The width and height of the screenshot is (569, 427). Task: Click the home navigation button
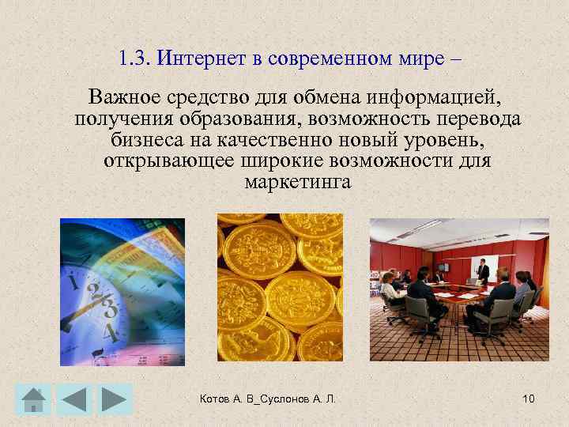pyautogui.click(x=32, y=399)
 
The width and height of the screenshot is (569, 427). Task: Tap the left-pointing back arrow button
pyautogui.click(x=73, y=399)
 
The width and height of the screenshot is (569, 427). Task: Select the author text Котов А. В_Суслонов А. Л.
pyautogui.click(x=268, y=399)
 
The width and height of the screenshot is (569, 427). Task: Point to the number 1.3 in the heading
pyautogui.click(x=132, y=59)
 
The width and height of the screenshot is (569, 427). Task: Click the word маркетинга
pyautogui.click(x=297, y=182)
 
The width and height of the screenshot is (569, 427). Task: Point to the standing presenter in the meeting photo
pyautogui.click(x=483, y=273)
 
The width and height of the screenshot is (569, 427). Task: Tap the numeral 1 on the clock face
pyautogui.click(x=73, y=281)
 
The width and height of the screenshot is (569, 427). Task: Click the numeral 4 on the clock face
pyautogui.click(x=110, y=333)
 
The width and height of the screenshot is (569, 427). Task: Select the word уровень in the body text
pyautogui.click(x=442, y=141)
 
